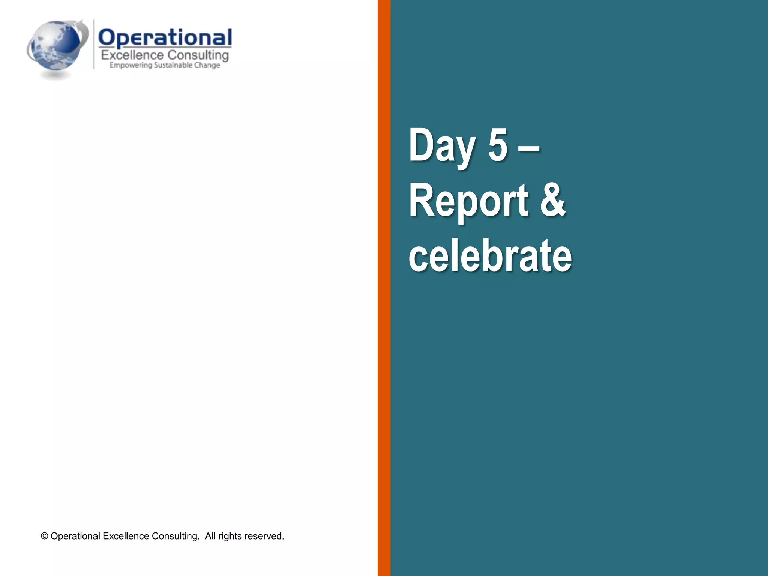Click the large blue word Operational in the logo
pos(165,38)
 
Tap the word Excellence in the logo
pos(132,55)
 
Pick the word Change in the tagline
pos(207,65)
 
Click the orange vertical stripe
pos(384,288)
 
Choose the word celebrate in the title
pos(490,256)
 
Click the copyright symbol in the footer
pos(45,536)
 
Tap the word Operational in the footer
pos(75,536)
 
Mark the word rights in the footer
pos(230,536)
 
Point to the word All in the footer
pos(210,536)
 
